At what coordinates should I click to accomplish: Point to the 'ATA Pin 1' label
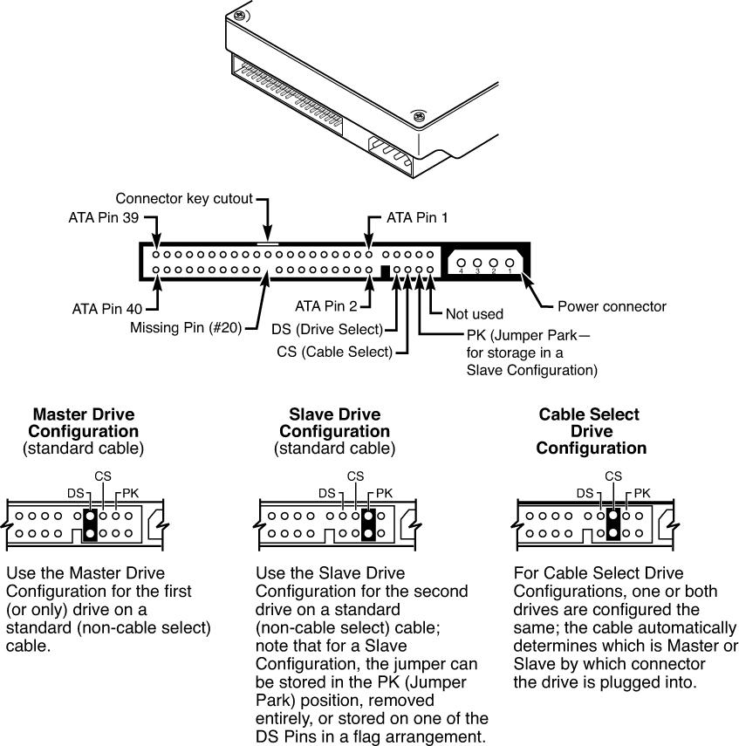[417, 217]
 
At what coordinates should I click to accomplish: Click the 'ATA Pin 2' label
[326, 306]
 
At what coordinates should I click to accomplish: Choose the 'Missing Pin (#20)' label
[185, 328]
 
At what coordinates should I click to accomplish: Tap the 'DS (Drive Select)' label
[327, 329]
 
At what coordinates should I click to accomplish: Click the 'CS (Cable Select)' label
[335, 352]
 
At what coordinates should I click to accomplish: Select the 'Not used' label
[473, 314]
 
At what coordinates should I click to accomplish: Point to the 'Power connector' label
[612, 306]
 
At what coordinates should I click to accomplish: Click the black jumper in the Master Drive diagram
[89, 524]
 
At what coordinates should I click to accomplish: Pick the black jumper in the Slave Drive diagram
[369, 524]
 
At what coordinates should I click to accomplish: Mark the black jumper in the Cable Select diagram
[612, 524]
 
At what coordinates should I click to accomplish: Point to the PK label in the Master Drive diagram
[130, 493]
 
